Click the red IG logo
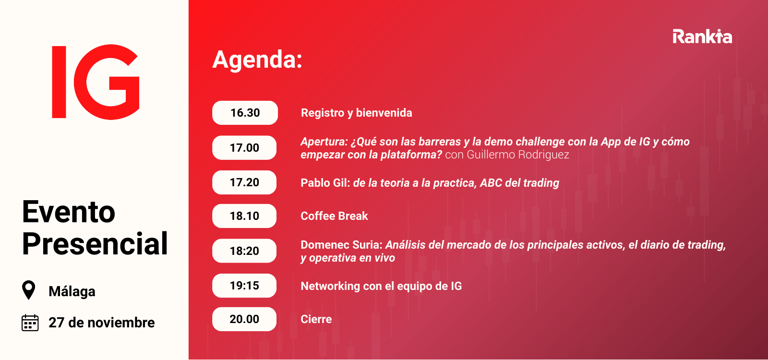point(96,82)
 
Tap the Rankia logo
point(702,36)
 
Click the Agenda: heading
point(257,60)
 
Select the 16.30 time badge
point(245,113)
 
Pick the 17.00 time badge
point(244,148)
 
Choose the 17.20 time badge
point(244,182)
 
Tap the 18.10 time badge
point(244,216)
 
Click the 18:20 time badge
point(244,251)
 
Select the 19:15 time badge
point(244,286)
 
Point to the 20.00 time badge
point(244,319)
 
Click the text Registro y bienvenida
point(356,113)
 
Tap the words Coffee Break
point(334,216)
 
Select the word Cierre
point(316,319)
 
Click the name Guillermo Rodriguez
point(518,155)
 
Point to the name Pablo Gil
point(324,183)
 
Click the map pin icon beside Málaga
point(29,290)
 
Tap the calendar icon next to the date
point(30,323)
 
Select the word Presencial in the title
point(95,244)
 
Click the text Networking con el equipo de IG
point(381,286)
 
